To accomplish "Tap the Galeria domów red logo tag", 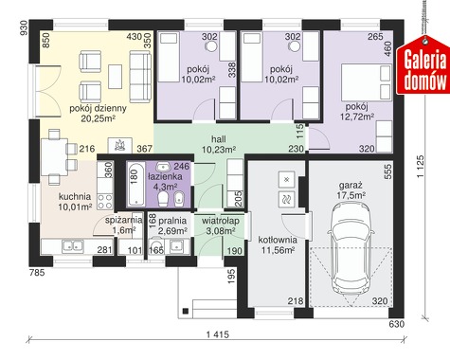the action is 423,64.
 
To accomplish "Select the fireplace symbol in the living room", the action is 120,145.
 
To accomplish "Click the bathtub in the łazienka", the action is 135,184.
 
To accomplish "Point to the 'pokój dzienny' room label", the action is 98,108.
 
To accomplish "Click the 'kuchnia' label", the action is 75,196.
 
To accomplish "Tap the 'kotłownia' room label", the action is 278,240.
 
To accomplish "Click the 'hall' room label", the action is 219,139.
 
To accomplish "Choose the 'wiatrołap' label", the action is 221,221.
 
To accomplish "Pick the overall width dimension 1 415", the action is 218,334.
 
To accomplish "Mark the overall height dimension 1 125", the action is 421,167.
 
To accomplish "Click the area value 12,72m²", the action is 357,117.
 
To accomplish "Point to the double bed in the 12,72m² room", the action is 367,82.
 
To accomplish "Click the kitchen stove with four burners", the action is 105,202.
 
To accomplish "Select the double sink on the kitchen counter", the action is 73,246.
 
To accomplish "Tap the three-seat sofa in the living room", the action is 140,77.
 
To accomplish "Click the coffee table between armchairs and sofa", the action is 115,77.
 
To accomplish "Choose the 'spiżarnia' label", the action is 123,220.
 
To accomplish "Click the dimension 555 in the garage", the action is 388,171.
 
